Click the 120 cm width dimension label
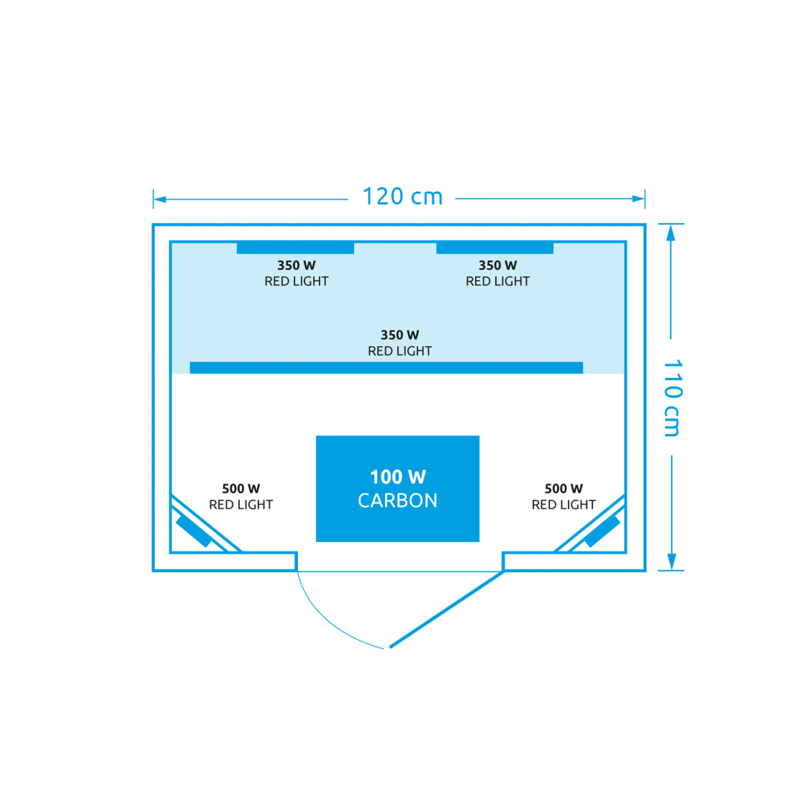(402, 197)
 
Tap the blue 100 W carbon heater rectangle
(397, 488)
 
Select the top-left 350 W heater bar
(295, 248)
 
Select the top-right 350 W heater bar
(495, 248)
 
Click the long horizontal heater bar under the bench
(386, 368)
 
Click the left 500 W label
(241, 488)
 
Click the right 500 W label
(564, 488)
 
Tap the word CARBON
(397, 500)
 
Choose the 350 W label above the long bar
(400, 335)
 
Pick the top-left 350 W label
(296, 265)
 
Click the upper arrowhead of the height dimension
(671, 233)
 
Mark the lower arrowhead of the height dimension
(672, 562)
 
